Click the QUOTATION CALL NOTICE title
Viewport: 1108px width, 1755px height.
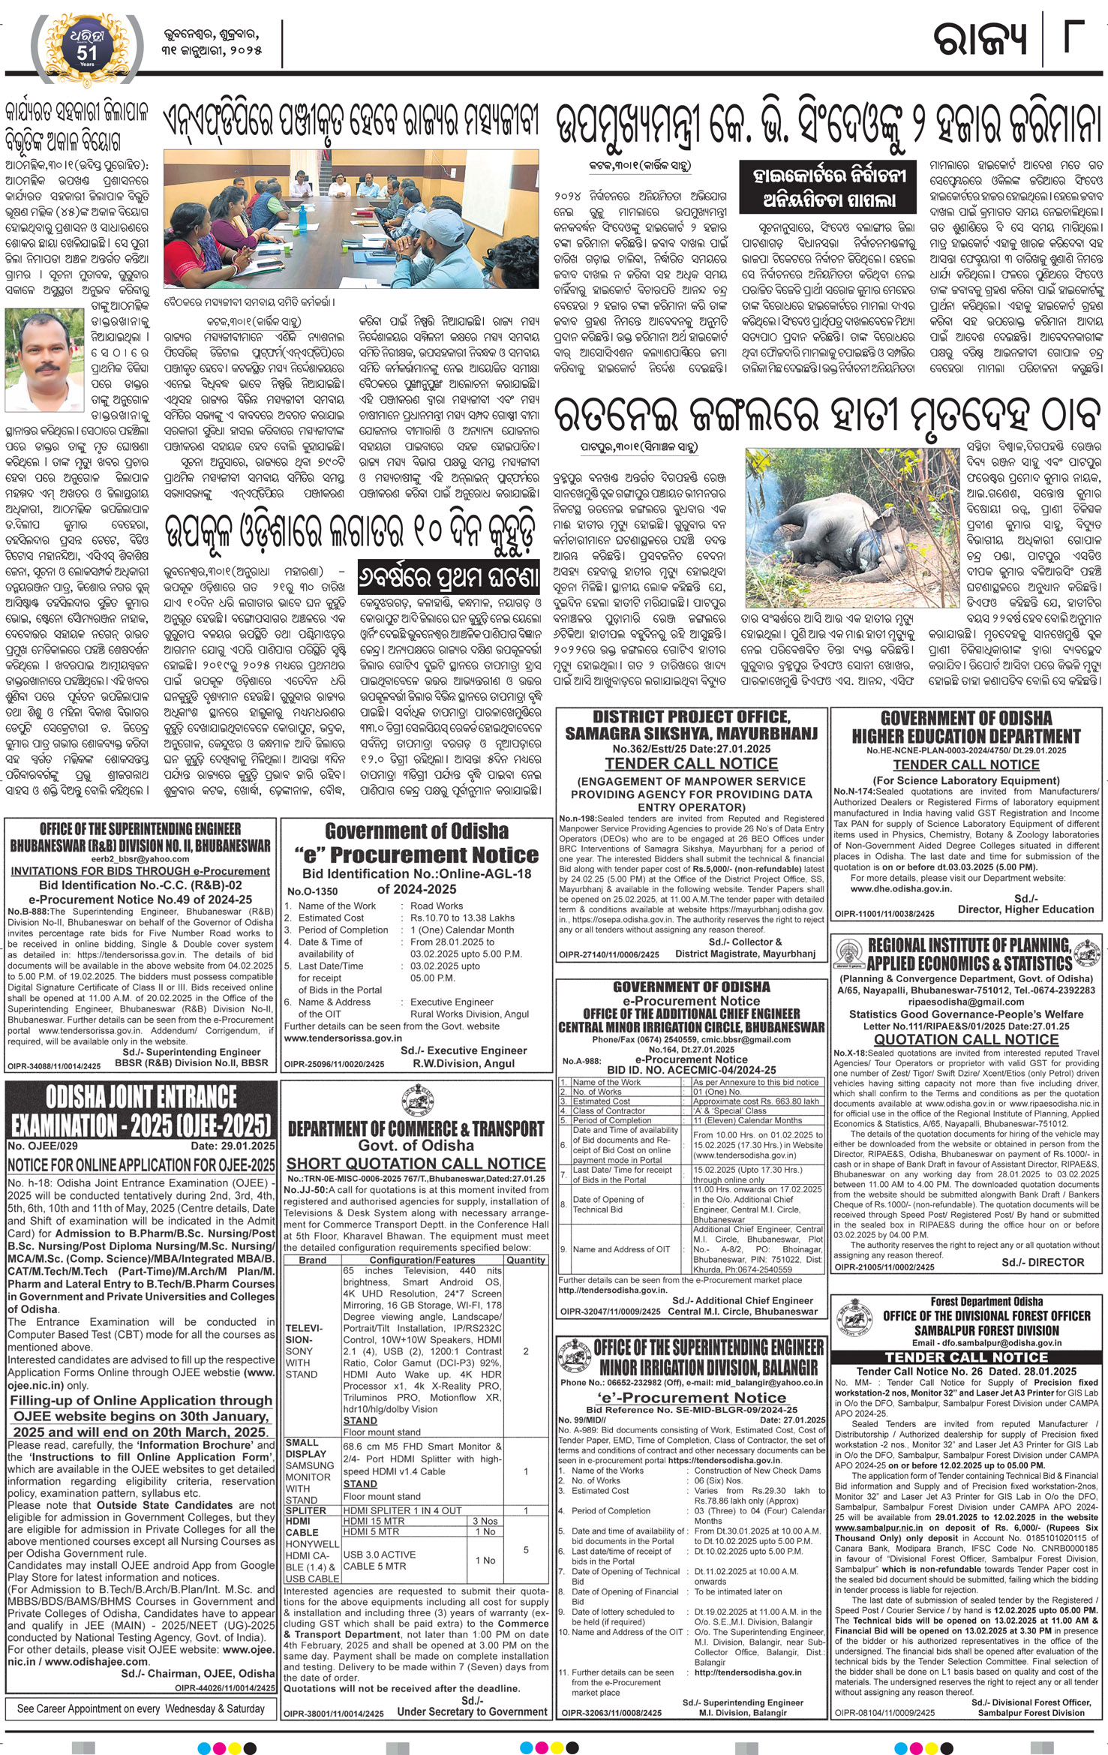point(966,1039)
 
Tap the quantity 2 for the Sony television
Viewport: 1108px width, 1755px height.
point(526,1351)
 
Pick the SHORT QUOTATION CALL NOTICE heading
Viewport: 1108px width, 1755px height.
point(416,1162)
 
